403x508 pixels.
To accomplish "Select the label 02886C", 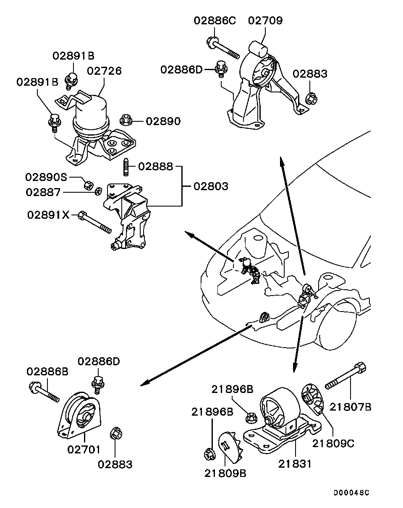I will (x=214, y=20).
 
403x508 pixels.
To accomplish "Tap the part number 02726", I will (x=105, y=71).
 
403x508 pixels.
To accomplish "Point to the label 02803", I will (x=211, y=186).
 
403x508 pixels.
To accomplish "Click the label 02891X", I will (x=48, y=215).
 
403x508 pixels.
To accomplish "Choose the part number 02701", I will (x=84, y=450).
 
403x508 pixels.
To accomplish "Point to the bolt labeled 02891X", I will (x=95, y=223).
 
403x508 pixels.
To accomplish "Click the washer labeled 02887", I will (x=98, y=191).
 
